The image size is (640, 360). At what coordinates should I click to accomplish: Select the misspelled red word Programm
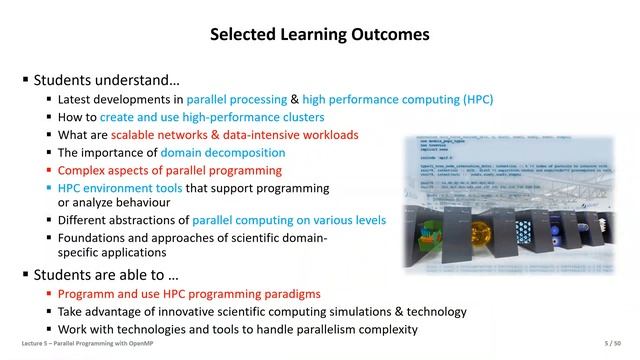click(88, 295)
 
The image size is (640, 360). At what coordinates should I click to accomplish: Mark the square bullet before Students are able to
click(25, 274)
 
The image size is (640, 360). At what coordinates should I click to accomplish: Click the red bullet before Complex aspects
click(49, 171)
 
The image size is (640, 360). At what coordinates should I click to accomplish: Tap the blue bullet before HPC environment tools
click(49, 188)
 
